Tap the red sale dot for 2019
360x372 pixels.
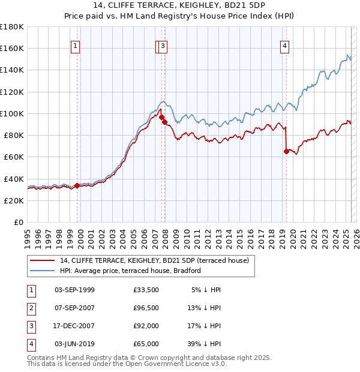[286, 152]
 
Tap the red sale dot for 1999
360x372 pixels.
[77, 185]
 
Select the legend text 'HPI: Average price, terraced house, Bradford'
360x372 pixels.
[130, 271]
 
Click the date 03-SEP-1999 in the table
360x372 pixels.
[74, 290]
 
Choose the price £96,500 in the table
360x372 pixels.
[146, 308]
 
